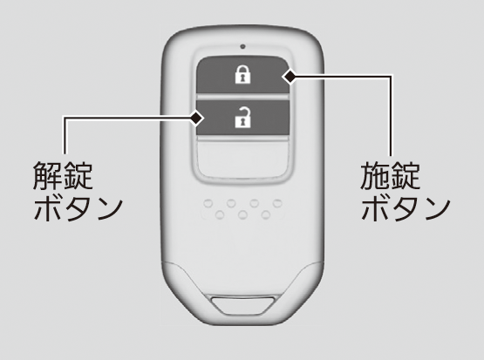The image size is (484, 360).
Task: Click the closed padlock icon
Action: click(242, 74)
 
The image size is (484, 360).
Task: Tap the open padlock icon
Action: click(242, 117)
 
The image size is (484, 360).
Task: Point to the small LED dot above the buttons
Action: click(242, 46)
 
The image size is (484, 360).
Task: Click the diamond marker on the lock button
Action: click(290, 76)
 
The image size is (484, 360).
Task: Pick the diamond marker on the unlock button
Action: click(196, 119)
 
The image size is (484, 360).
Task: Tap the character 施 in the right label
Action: click(375, 176)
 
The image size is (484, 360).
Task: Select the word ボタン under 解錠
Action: click(78, 208)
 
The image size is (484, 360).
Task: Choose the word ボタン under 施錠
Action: click(406, 208)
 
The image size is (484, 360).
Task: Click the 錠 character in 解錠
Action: click(78, 175)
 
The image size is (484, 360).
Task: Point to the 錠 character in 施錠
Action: click(406, 176)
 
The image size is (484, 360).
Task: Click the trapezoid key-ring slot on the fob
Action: click(243, 305)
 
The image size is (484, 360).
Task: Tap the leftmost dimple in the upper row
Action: click(208, 203)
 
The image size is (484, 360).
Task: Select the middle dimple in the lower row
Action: click(243, 214)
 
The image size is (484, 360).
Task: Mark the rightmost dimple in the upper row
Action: click(277, 203)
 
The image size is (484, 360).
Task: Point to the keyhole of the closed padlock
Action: click(242, 78)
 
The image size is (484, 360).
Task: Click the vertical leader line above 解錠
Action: click(65, 135)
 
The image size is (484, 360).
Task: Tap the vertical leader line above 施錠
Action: click(391, 115)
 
